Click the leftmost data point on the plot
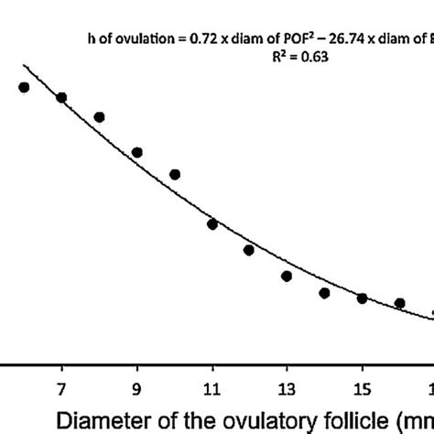pyautogui.click(x=24, y=87)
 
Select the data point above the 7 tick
pyautogui.click(x=61, y=97)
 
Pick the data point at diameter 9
pyautogui.click(x=136, y=152)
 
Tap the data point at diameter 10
pyautogui.click(x=175, y=174)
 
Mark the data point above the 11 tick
pyautogui.click(x=212, y=223)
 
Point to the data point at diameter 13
pyautogui.click(x=287, y=276)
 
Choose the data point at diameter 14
pyautogui.click(x=324, y=293)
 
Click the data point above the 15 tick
pyautogui.click(x=362, y=298)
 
